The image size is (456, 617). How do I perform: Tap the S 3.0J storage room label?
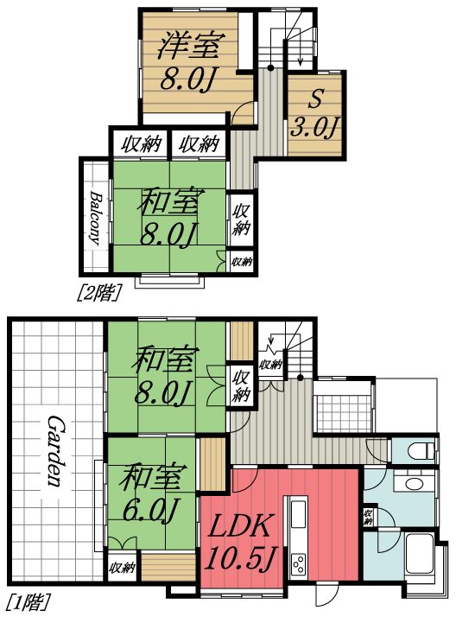click(x=314, y=113)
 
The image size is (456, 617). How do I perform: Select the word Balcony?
click(x=95, y=219)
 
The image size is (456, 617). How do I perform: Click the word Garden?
click(x=55, y=449)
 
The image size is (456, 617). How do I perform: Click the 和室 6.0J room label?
click(x=150, y=493)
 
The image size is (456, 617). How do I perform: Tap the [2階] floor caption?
click(x=98, y=293)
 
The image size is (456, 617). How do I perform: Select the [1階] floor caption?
click(x=30, y=603)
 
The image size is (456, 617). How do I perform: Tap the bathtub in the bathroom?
click(x=420, y=556)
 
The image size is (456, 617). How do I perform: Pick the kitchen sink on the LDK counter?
click(x=298, y=515)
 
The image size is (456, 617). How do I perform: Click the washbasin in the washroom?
click(x=414, y=483)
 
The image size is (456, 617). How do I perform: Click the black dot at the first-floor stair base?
click(x=300, y=378)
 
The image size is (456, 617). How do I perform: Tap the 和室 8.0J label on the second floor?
click(x=170, y=217)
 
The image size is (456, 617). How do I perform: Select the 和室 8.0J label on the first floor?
click(x=164, y=375)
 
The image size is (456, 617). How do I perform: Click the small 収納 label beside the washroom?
click(x=368, y=517)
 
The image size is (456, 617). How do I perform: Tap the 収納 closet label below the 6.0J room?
click(x=122, y=568)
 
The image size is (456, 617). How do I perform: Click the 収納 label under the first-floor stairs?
click(x=271, y=365)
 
